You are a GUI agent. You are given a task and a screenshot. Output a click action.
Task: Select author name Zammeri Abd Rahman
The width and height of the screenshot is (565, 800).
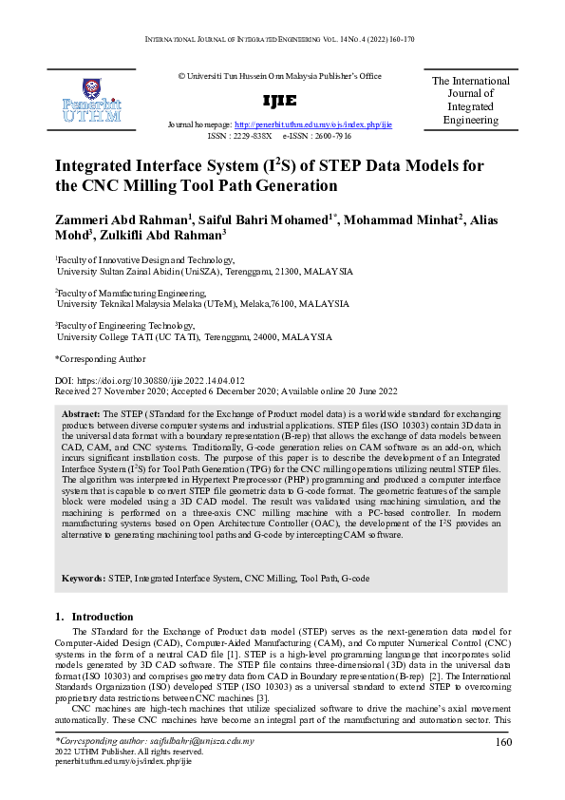tap(122, 220)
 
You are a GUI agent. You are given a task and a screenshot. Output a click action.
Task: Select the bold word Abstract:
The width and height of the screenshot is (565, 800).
tap(81, 415)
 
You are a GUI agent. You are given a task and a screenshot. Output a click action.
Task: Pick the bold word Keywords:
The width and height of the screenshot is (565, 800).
tap(84, 578)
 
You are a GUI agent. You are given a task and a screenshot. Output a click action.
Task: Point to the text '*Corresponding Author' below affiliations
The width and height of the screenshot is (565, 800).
tap(100, 359)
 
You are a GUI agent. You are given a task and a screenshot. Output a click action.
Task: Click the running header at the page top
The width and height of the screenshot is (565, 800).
tap(282, 39)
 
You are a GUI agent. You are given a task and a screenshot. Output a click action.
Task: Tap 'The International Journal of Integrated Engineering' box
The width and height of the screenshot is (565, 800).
tap(470, 101)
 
